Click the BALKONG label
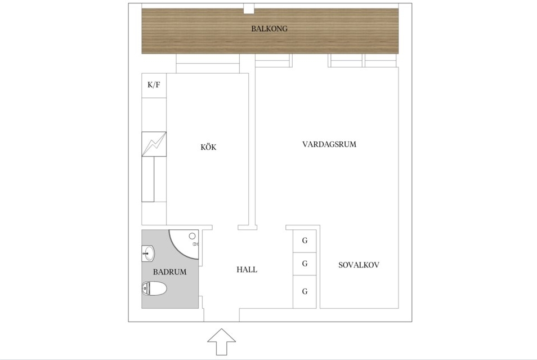pyautogui.click(x=269, y=29)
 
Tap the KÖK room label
pyautogui.click(x=208, y=147)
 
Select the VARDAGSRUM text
pyautogui.click(x=329, y=144)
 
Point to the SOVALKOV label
pyautogui.click(x=359, y=265)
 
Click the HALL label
pyautogui.click(x=247, y=269)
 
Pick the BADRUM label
pyautogui.click(x=169, y=272)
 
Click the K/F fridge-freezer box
pyautogui.click(x=154, y=86)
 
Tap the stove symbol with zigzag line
pyautogui.click(x=154, y=144)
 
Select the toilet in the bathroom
pyautogui.click(x=154, y=288)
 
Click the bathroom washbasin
pyautogui.click(x=148, y=254)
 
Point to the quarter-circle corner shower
pyautogui.click(x=184, y=244)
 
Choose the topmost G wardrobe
pyautogui.click(x=305, y=241)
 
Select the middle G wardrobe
pyautogui.click(x=305, y=264)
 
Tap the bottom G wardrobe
pyautogui.click(x=305, y=292)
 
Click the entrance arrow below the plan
pyautogui.click(x=222, y=342)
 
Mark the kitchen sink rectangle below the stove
pyautogui.click(x=148, y=179)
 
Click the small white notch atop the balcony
pyautogui.click(x=249, y=8)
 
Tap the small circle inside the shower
pyautogui.click(x=192, y=236)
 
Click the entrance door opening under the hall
pyautogui.click(x=222, y=315)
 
